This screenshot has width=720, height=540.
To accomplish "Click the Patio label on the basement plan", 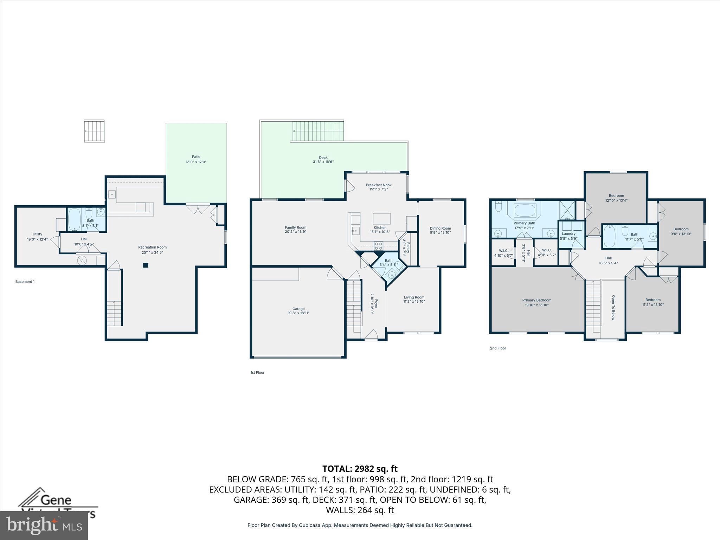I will (196, 157).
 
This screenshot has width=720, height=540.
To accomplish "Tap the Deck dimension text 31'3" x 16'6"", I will (323, 162).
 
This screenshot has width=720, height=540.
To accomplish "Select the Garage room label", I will (298, 309).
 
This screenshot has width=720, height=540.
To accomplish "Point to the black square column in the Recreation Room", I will (146, 265).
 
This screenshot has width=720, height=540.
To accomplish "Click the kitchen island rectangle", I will (382, 218).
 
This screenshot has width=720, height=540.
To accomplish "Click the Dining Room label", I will (440, 228).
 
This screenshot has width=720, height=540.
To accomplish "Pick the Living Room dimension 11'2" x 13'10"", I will (414, 302).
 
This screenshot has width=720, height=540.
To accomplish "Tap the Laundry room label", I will (568, 233).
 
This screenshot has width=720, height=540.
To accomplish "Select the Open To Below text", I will (613, 307).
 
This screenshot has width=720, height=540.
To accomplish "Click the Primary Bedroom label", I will (536, 300).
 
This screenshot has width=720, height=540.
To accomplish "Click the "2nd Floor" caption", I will (498, 348).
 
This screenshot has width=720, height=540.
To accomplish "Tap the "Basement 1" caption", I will (25, 282).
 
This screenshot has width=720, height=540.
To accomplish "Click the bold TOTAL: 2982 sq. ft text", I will (360, 469).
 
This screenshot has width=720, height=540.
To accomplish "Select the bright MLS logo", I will (44, 526).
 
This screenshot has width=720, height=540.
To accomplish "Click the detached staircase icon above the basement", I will (95, 131).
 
